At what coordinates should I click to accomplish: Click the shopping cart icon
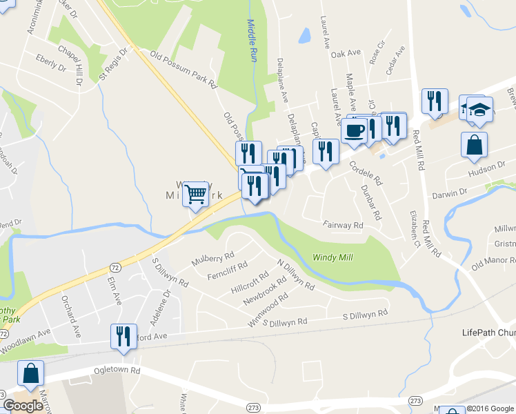click(x=195, y=195)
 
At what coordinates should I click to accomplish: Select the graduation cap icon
click(x=479, y=110)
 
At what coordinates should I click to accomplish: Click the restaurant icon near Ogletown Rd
click(x=123, y=337)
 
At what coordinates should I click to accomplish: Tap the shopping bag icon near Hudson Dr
click(x=475, y=145)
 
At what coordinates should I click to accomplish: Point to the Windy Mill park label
click(x=333, y=257)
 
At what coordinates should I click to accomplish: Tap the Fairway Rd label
click(x=343, y=225)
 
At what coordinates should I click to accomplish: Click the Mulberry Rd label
click(x=214, y=258)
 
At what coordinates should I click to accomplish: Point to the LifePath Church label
click(x=488, y=333)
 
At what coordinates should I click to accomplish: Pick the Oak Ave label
click(x=346, y=53)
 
